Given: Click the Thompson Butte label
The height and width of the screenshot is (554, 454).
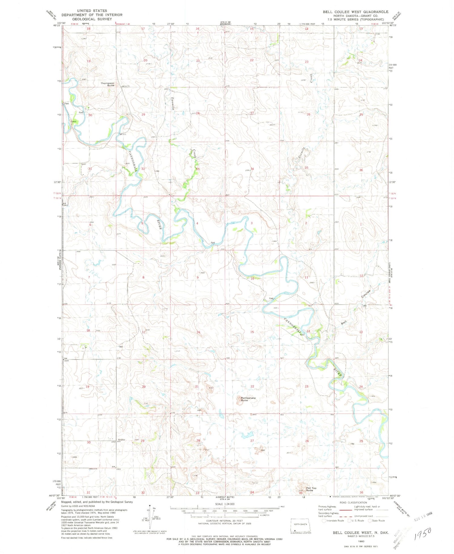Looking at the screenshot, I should [x=107, y=84].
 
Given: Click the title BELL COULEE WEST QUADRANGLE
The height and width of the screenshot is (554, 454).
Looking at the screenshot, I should [x=355, y=12].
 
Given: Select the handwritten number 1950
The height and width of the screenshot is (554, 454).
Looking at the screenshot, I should [x=423, y=534].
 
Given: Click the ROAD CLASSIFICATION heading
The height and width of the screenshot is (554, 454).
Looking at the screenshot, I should [x=353, y=503].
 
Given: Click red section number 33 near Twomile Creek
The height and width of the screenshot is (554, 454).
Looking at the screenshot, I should [x=198, y=169].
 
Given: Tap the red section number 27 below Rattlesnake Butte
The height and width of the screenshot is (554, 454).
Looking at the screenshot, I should [x=252, y=441].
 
